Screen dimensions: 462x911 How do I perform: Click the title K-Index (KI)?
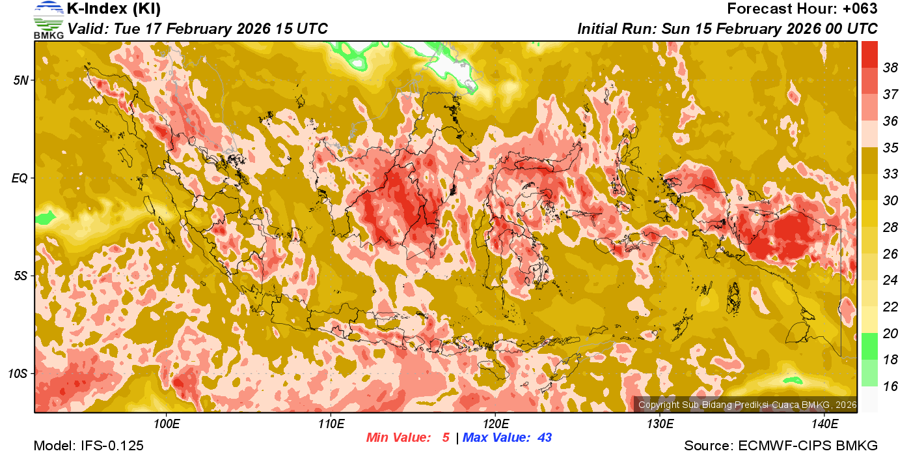tap(114, 9)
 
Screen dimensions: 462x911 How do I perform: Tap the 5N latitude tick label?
tap(20, 80)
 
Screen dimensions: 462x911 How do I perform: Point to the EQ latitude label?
tap(20, 178)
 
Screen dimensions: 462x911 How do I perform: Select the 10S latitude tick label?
tap(18, 373)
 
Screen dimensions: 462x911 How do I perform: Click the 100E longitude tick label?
tap(167, 424)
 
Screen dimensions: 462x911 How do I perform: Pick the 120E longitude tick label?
tap(495, 424)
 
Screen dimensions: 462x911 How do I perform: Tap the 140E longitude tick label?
tap(824, 424)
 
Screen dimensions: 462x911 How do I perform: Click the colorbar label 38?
tap(891, 68)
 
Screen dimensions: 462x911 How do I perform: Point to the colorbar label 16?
tap(891, 386)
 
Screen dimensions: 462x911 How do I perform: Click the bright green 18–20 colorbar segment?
tap(869, 346)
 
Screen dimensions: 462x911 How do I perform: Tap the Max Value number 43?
tap(544, 438)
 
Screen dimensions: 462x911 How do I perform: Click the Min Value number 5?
tap(446, 438)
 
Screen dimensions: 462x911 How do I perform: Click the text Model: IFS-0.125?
tap(88, 446)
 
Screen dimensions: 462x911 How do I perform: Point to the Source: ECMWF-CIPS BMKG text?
tap(781, 446)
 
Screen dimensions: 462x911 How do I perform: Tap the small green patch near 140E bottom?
tap(792, 380)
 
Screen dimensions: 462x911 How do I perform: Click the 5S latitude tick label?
tap(20, 276)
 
